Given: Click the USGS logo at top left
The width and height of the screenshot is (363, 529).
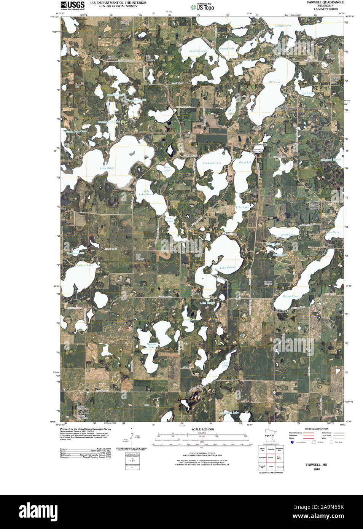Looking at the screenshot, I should pyautogui.click(x=72, y=5).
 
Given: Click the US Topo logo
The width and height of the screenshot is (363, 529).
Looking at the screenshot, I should pyautogui.click(x=202, y=7).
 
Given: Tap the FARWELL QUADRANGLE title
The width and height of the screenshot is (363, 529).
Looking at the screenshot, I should pyautogui.click(x=325, y=2).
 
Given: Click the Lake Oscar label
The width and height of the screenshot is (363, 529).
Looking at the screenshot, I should pyautogui.click(x=107, y=168).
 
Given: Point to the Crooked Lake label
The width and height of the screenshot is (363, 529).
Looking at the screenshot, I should pyautogui.click(x=198, y=51).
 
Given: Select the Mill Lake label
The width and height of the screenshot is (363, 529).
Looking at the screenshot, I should pyautogui.click(x=274, y=82).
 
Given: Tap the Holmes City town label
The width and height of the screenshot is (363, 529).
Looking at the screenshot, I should pyautogui.click(x=260, y=145).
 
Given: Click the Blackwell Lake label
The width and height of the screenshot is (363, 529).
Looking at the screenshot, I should pyautogui.click(x=212, y=163).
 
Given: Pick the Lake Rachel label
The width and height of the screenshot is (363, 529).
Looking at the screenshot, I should pyautogui.click(x=228, y=268).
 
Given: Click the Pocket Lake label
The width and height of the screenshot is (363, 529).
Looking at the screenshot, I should pyautogui.click(x=290, y=296).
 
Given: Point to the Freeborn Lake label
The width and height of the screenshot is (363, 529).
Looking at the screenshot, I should pyautogui.click(x=84, y=265).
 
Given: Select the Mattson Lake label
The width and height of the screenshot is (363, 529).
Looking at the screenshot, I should pyautogui.click(x=151, y=346).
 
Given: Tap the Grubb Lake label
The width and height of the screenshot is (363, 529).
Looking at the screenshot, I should pyautogui.click(x=288, y=235).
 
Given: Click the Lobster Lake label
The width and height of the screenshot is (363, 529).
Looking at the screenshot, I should pyautogui.click(x=283, y=26).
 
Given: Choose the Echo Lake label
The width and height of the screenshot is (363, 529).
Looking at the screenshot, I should pyautogui.click(x=242, y=207).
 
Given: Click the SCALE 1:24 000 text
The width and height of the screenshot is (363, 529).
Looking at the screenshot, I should pyautogui.click(x=202, y=429).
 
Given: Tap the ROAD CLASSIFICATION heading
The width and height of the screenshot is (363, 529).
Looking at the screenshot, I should pyautogui.click(x=316, y=429).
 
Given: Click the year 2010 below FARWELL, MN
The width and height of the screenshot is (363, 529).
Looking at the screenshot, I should pyautogui.click(x=317, y=469).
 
